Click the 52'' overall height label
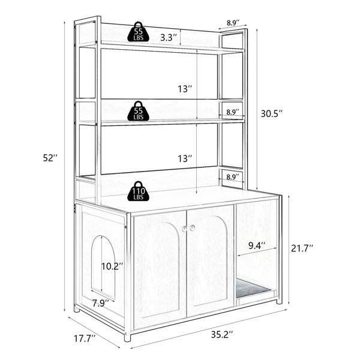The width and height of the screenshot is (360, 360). pos(50,158)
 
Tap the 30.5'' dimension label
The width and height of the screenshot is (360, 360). pos(271,113)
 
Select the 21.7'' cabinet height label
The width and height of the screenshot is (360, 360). pos(302,248)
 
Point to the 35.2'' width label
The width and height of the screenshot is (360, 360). pos(222,335)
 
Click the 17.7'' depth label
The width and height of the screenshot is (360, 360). pos(85,338)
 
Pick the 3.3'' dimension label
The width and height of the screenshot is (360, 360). pos(169,37)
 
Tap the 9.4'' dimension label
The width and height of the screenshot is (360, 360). pos(257,246)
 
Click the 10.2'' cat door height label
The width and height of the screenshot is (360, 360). pos(112,266)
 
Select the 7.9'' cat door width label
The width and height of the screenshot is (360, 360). pos(101,304)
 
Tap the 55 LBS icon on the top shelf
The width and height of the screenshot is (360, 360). pos(138,32)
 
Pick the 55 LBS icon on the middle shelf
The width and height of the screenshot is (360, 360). pos(138,111)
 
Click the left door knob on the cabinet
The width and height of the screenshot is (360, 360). pos(185,229)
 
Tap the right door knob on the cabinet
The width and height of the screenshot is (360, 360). pos(193,228)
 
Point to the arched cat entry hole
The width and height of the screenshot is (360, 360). pos(103,267)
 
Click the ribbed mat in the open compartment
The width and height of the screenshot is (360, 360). pos(253,288)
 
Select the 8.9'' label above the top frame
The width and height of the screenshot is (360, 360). pos(233,23)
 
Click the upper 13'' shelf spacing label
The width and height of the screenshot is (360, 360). pos(185,89)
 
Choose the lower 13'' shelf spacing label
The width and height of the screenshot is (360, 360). pos(185,158)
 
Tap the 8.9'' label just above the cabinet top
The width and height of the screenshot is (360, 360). pos(233,177)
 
